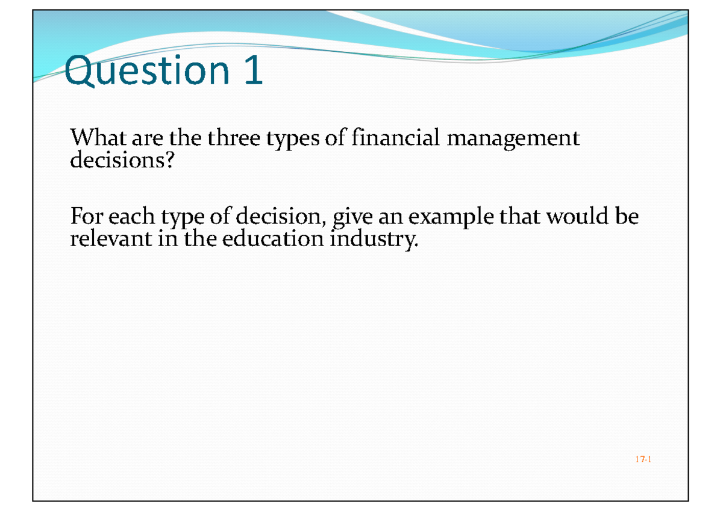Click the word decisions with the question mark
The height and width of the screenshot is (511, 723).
[x=121, y=161]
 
